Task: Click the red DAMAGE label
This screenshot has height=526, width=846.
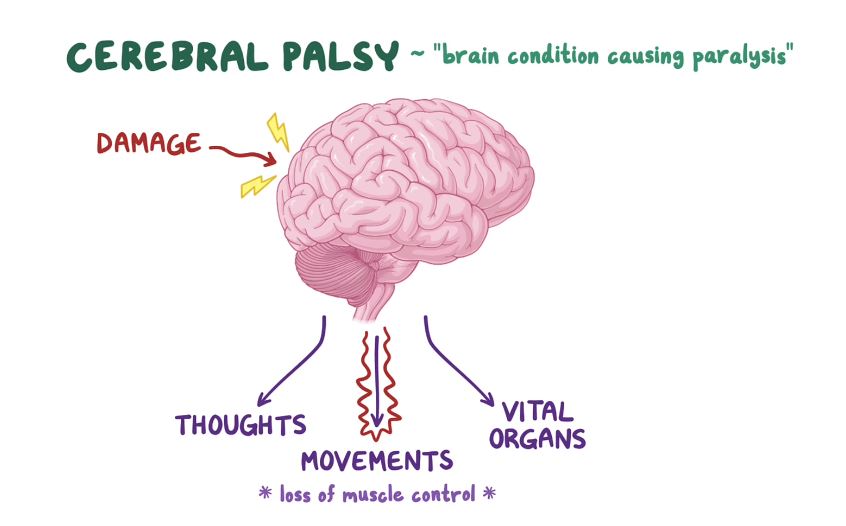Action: point(148,144)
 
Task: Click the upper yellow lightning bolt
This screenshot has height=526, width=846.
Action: point(276,131)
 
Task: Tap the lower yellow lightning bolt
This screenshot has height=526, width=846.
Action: point(258,185)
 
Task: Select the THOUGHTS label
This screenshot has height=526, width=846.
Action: point(240,425)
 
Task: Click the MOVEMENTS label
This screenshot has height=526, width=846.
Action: point(376,461)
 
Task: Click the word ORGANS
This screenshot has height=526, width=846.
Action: point(545,439)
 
